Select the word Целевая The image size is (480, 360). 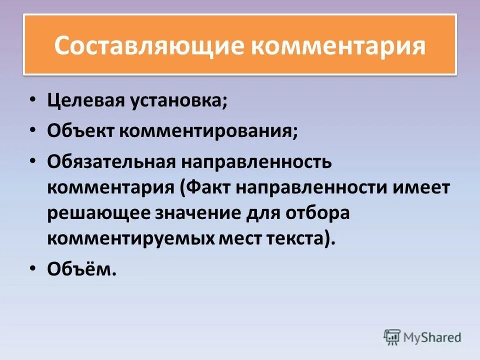click(x=85, y=101)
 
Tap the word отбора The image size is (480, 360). click(x=315, y=213)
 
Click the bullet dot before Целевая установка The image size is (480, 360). click(x=32, y=99)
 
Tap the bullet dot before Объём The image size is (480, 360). click(x=32, y=268)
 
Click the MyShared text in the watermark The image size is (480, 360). click(x=432, y=337)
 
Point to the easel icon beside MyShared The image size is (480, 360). click(x=392, y=337)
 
